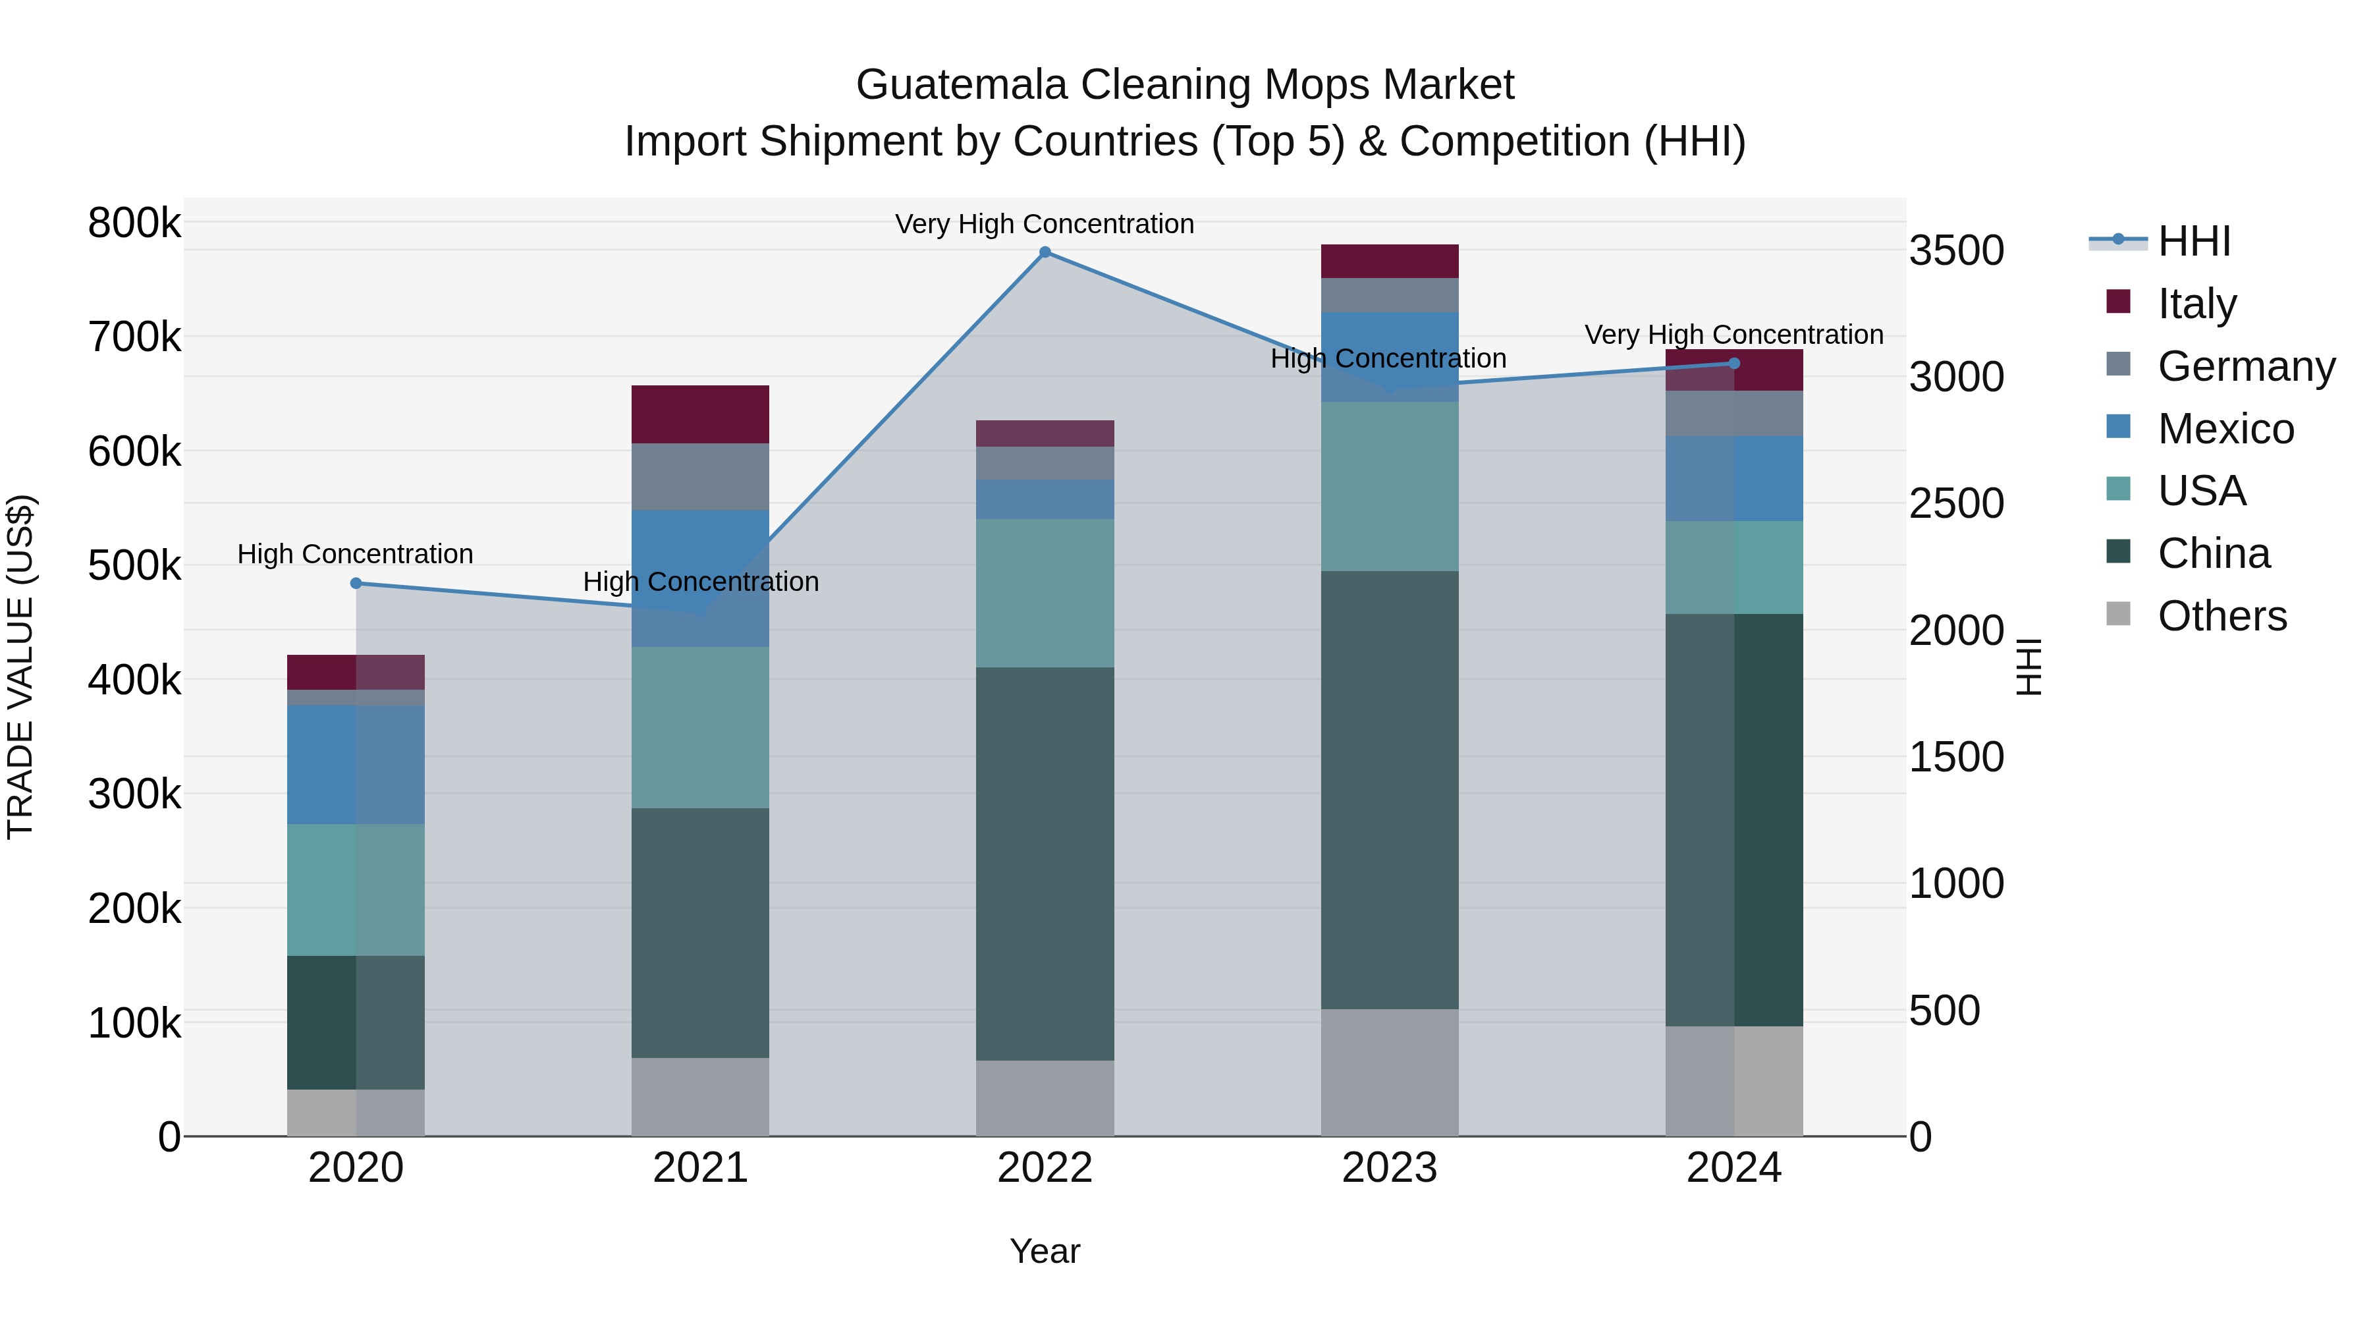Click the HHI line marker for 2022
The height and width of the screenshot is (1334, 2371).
pyautogui.click(x=1045, y=252)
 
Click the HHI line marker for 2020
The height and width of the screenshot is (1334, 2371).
pyautogui.click(x=356, y=583)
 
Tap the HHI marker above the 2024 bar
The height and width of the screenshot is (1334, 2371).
pyautogui.click(x=1734, y=364)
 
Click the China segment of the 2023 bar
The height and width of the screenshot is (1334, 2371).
pyautogui.click(x=1389, y=790)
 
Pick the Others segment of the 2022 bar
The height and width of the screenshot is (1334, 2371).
pyautogui.click(x=1045, y=1098)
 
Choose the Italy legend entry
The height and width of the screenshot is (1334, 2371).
pyautogui.click(x=2195, y=304)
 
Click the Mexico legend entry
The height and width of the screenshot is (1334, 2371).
pyautogui.click(x=2225, y=429)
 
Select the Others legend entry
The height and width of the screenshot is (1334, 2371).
pyautogui.click(x=2221, y=616)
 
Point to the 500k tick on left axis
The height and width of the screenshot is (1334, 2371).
pyautogui.click(x=134, y=566)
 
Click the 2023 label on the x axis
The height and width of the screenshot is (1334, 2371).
pyautogui.click(x=1389, y=1168)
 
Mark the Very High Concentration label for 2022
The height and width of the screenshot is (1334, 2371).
pyautogui.click(x=1045, y=224)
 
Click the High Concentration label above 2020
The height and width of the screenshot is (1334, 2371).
pyautogui.click(x=355, y=554)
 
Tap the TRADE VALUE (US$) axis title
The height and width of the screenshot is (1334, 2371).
pyautogui.click(x=20, y=667)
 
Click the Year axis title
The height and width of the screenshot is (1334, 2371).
pyautogui.click(x=1045, y=1251)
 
